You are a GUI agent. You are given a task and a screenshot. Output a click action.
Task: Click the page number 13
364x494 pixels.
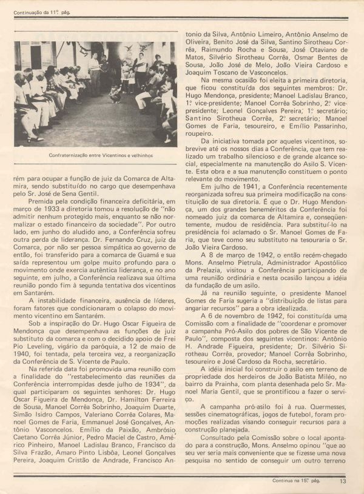[343, 482]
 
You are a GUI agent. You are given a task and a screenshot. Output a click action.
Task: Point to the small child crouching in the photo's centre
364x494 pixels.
[113, 93]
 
